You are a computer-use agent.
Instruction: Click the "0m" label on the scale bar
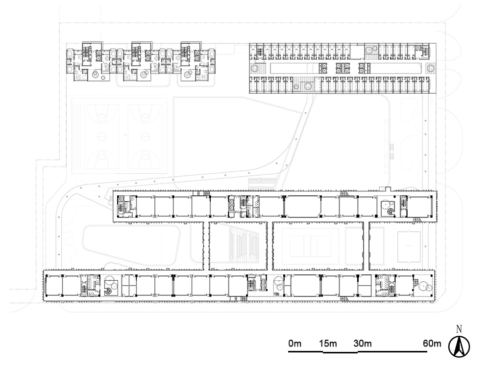[x=294, y=344]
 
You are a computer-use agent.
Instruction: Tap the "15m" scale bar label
[x=328, y=344]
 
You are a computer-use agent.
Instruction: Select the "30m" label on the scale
[x=363, y=344]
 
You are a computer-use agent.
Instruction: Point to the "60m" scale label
[x=432, y=344]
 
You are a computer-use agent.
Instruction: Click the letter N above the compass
[x=459, y=329]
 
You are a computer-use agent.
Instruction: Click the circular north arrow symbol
[x=459, y=347]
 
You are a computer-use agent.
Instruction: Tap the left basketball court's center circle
[x=102, y=136]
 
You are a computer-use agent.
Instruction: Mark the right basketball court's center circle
[x=146, y=136]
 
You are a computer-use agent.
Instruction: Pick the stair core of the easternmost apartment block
[x=185, y=53]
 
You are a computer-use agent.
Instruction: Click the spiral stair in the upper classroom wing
[x=390, y=212]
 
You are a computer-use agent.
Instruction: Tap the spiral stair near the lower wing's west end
[x=108, y=291]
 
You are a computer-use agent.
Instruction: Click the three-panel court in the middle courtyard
[x=310, y=246]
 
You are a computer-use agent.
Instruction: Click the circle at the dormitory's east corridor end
[x=431, y=68]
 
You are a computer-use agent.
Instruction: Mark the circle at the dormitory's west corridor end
[x=254, y=68]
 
